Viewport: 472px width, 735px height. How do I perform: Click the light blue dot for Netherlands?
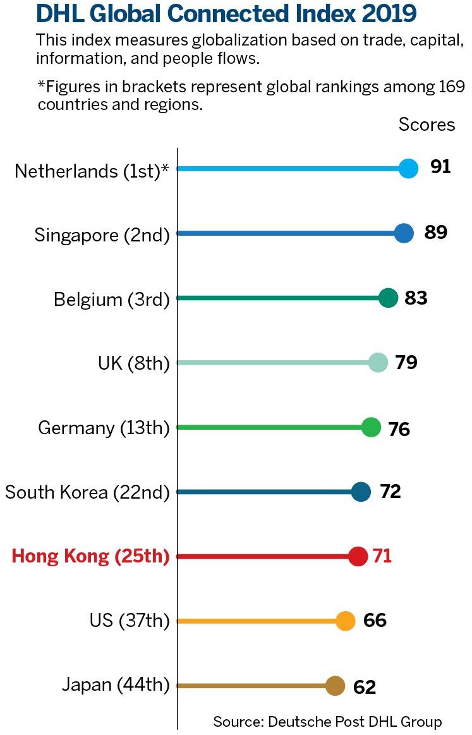pos(409,169)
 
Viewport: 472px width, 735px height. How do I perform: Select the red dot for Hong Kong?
pos(358,556)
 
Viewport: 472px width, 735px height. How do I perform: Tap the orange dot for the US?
pos(345,621)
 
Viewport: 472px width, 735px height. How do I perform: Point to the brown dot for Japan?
pos(335,686)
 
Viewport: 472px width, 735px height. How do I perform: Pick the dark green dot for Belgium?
pos(389,298)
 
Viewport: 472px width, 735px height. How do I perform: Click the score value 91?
pos(440,167)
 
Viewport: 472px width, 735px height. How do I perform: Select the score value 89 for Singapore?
pos(435,233)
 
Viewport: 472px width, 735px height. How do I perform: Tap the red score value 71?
pos(382,556)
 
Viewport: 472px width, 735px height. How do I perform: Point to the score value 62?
pos(365,687)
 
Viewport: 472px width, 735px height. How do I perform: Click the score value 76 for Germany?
pos(399,430)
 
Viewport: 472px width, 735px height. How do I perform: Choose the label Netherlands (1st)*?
pos(92,171)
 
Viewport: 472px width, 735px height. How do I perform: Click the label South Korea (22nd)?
pos(87,492)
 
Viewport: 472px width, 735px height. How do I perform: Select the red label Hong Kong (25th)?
pos(91,556)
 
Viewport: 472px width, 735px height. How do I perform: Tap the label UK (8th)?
pos(134,363)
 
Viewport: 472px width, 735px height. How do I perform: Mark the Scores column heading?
pos(427,125)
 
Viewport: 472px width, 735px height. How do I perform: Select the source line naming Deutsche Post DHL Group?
pos(327,721)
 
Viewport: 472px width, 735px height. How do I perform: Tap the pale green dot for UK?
pos(378,362)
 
